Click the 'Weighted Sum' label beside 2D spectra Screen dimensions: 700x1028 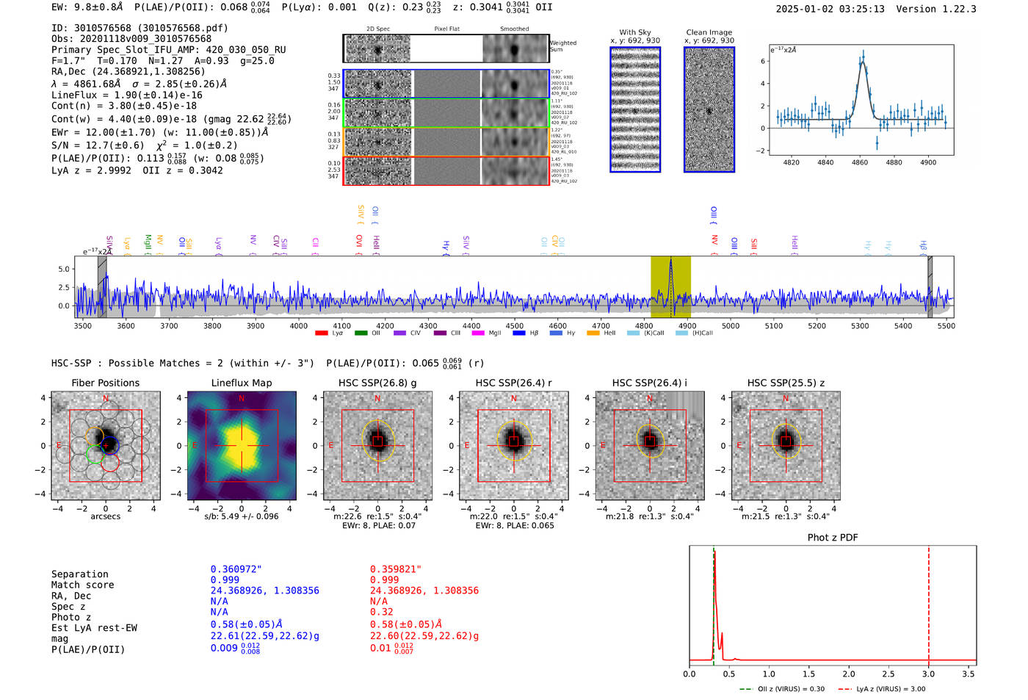point(563,46)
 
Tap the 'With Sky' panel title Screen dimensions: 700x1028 point(635,32)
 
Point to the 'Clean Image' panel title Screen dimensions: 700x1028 point(709,32)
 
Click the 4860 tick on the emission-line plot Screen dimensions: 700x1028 point(859,162)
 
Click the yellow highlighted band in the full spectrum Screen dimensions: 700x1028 point(670,286)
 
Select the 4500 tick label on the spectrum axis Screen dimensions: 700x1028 point(514,326)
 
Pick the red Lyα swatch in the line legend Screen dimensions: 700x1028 point(322,333)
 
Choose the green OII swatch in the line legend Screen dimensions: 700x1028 point(361,333)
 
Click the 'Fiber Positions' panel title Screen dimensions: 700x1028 point(105,383)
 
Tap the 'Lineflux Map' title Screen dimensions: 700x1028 point(242,383)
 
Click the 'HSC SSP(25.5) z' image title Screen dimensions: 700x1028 point(786,383)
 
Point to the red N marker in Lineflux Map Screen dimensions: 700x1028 point(242,399)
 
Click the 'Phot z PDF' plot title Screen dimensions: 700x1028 point(833,538)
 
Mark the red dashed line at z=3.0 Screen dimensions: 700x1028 point(929,602)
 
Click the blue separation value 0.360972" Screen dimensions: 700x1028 point(236,569)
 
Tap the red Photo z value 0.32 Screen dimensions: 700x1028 point(381,612)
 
